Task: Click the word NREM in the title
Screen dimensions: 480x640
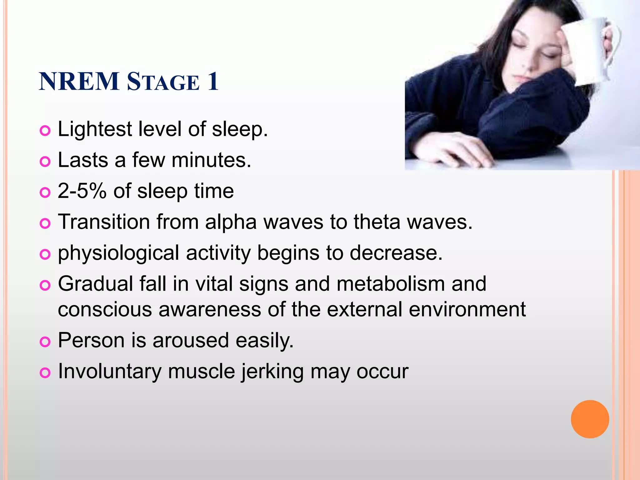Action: (x=79, y=82)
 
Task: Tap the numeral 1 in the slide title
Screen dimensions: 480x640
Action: (x=213, y=82)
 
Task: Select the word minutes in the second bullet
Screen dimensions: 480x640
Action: (x=211, y=160)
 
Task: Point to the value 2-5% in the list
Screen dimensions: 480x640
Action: (x=82, y=191)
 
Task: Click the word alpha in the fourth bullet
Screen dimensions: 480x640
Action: (x=231, y=222)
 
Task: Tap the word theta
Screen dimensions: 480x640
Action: (x=377, y=222)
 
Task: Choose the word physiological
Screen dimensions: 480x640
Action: (x=118, y=253)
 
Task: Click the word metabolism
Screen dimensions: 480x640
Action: (x=391, y=284)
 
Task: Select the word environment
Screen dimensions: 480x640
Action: (x=467, y=309)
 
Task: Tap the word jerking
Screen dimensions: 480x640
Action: (x=272, y=372)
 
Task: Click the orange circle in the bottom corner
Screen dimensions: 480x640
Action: (x=590, y=419)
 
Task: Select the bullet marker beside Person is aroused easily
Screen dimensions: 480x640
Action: (x=45, y=342)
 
